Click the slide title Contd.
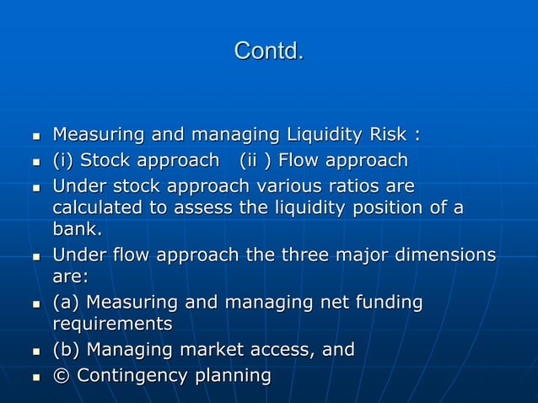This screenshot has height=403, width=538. click(268, 51)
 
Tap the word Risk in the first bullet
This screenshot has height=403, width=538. click(389, 135)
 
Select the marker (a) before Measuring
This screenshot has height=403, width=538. click(67, 302)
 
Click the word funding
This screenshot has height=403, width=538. click(387, 302)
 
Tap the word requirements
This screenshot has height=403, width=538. click(112, 324)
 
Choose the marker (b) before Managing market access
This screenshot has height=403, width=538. click(67, 349)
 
